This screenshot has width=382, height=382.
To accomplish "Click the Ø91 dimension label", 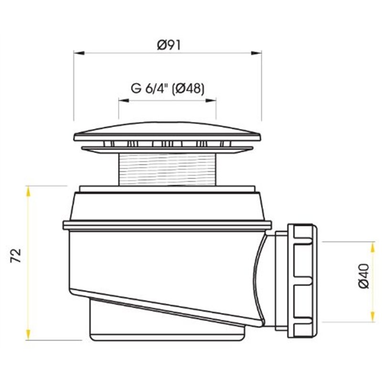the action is tap(169, 45).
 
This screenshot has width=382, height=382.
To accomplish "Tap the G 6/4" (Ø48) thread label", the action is tap(168, 88).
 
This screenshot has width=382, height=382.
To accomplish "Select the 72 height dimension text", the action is tap(16, 255).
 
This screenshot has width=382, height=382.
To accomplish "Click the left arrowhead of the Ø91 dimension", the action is tap(79, 53).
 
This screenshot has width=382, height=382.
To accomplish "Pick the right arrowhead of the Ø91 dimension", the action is tap(256, 53).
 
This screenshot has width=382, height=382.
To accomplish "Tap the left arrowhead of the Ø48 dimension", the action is tap(124, 100).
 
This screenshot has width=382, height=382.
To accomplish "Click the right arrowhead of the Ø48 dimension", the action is tap(211, 100).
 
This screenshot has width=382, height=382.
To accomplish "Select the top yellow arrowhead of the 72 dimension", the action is tap(28, 191).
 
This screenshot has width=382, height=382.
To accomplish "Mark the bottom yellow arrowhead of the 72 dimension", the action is tap(28, 335).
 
